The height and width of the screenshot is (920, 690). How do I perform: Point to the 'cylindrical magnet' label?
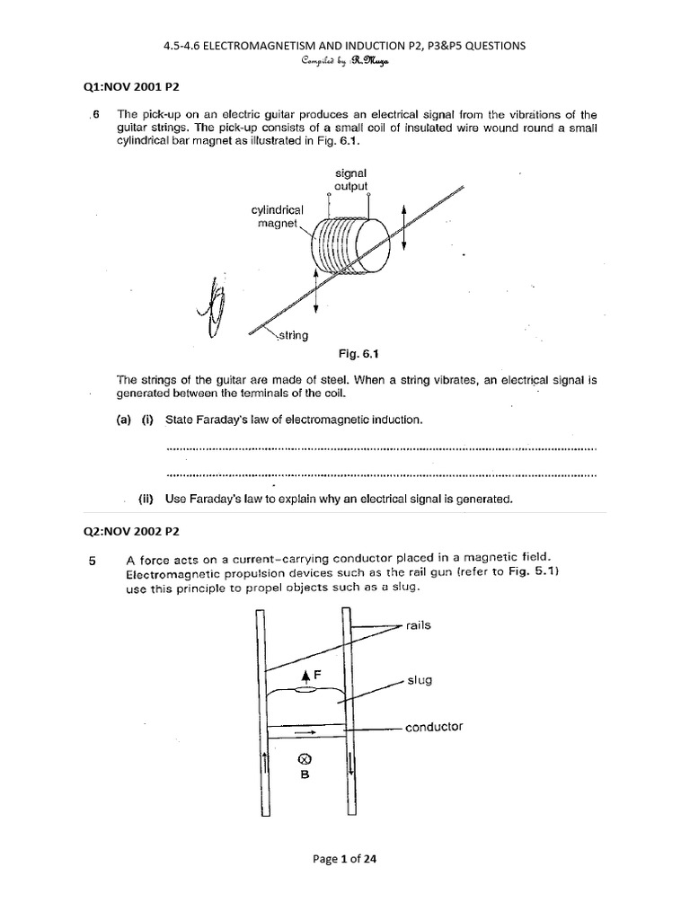pyautogui.click(x=278, y=216)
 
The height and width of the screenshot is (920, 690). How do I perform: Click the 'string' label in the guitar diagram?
pyautogui.click(x=292, y=335)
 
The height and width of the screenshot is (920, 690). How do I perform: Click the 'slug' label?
pyautogui.click(x=418, y=680)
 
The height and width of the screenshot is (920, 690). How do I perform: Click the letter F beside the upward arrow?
pyautogui.click(x=317, y=673)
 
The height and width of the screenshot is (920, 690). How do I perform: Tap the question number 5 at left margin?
pyautogui.click(x=93, y=561)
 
